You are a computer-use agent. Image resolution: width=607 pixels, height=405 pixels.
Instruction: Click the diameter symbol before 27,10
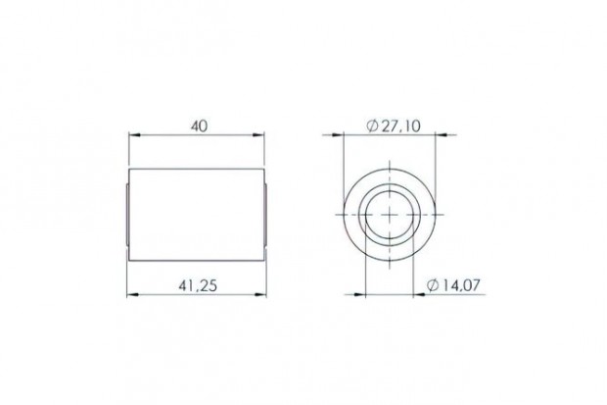click(x=372, y=126)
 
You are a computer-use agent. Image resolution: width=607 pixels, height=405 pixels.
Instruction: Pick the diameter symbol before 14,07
click(x=433, y=285)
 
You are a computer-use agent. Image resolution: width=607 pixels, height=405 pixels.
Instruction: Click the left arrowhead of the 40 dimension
click(x=134, y=136)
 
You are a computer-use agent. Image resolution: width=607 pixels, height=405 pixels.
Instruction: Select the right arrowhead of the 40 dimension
click(x=262, y=136)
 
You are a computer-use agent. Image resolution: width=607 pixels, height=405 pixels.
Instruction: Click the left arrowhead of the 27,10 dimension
click(x=350, y=136)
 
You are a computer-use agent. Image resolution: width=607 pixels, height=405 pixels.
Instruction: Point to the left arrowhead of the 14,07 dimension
click(x=368, y=294)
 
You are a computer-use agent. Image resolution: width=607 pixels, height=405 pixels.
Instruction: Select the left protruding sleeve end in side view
click(x=127, y=215)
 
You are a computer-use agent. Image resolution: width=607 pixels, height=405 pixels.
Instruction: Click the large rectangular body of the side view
click(x=199, y=215)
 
